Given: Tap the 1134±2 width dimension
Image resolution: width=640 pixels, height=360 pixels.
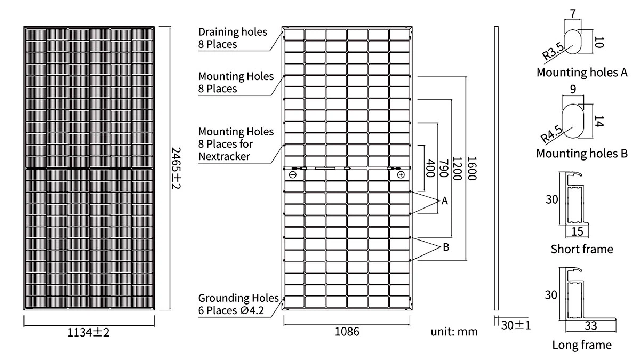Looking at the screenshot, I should (x=88, y=332).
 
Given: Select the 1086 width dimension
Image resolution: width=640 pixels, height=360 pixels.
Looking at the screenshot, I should (x=347, y=331).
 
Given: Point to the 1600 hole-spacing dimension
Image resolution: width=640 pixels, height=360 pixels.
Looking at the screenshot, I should (x=471, y=168).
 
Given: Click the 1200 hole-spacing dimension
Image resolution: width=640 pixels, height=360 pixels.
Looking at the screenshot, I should (x=457, y=168).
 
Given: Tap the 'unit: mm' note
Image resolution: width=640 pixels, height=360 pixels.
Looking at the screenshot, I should (x=454, y=332).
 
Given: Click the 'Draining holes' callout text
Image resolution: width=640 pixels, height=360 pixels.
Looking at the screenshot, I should (x=233, y=32).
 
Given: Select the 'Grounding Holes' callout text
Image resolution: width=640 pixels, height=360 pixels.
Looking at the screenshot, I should (x=238, y=298).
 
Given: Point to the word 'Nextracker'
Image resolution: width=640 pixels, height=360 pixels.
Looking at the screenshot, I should (x=224, y=156).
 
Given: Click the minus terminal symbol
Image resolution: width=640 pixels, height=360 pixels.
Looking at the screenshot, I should (x=292, y=174).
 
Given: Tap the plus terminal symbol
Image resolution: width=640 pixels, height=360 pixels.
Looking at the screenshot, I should (x=401, y=174).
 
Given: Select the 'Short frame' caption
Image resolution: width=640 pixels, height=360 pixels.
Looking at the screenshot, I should (x=582, y=249).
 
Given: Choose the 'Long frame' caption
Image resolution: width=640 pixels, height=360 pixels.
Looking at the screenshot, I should (x=581, y=345).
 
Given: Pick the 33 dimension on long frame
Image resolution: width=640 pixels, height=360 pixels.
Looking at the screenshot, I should (x=590, y=325).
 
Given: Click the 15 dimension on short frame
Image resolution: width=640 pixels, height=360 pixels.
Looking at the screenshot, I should (x=577, y=231).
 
